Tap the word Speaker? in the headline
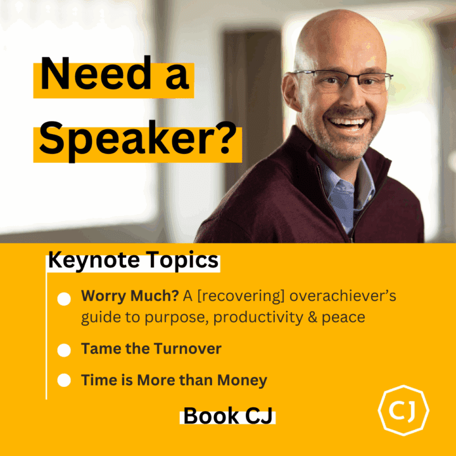click(138, 139)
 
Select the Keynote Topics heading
click(133, 260)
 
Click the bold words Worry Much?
click(130, 296)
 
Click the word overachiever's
click(343, 296)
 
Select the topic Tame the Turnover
click(151, 348)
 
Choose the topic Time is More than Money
click(174, 381)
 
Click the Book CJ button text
click(228, 416)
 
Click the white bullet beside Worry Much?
click(64, 299)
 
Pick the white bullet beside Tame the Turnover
click(64, 350)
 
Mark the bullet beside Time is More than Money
click(64, 381)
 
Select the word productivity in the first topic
click(258, 317)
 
